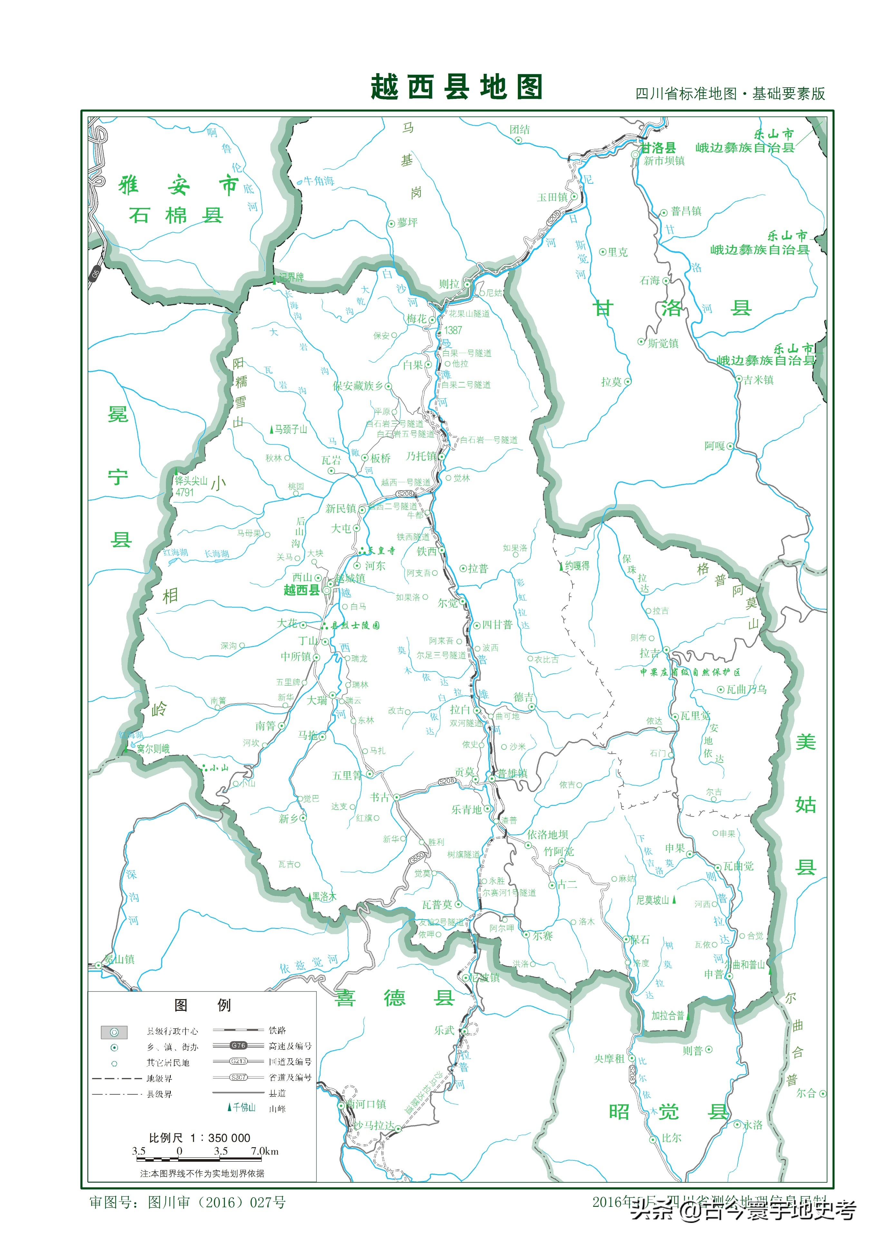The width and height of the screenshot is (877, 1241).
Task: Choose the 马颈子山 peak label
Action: click(x=291, y=429)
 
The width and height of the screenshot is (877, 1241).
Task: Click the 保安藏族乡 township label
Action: click(x=357, y=386)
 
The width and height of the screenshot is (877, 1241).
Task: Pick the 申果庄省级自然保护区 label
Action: click(x=690, y=672)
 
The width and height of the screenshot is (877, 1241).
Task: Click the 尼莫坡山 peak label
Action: click(x=653, y=900)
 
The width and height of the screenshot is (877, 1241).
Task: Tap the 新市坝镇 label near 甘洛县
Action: click(x=664, y=161)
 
